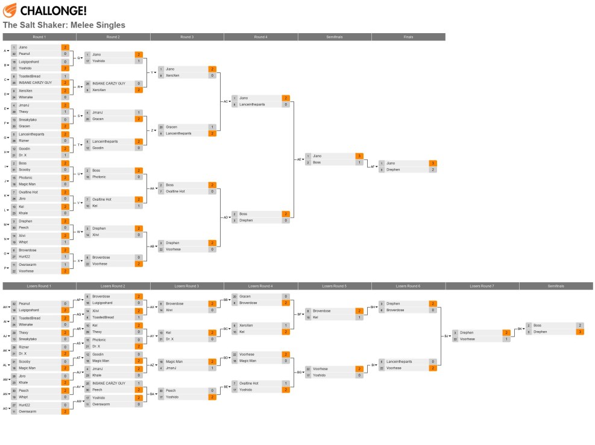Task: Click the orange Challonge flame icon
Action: [x=10, y=10]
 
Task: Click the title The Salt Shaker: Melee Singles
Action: [x=64, y=25]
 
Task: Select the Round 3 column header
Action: [x=187, y=37]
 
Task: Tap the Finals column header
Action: [x=408, y=37]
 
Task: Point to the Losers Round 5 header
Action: [x=335, y=286]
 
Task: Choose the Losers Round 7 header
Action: [x=482, y=286]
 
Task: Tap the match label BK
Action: [x=520, y=329]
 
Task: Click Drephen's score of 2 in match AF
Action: [x=433, y=170]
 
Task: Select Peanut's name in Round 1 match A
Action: [x=25, y=54]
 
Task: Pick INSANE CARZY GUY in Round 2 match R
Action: [x=109, y=83]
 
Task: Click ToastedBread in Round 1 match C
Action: [x=30, y=76]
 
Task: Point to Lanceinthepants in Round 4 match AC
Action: [x=253, y=104]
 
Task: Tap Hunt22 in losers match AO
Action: [x=24, y=405]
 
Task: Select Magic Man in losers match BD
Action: [x=248, y=361]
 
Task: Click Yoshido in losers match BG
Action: [x=320, y=375]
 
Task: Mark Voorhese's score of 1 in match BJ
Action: [x=506, y=339]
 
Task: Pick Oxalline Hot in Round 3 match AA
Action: [x=175, y=191]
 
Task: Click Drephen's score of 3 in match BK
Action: [x=580, y=332]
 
